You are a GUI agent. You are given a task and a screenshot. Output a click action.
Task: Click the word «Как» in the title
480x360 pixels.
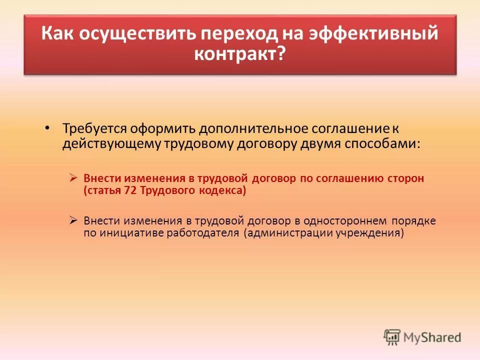[x=58, y=34]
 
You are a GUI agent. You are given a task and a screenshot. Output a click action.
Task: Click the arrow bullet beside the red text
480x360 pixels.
[x=73, y=177]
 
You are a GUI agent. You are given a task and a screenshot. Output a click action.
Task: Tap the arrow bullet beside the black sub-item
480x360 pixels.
[x=73, y=220]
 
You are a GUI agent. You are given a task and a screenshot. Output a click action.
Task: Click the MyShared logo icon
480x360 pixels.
[x=392, y=337]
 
